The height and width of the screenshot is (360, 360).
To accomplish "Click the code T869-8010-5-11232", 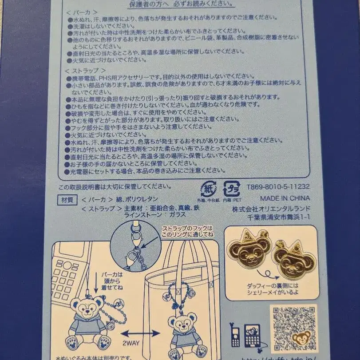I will tap(278, 187).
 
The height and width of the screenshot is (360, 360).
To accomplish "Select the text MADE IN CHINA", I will tap(285, 198).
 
